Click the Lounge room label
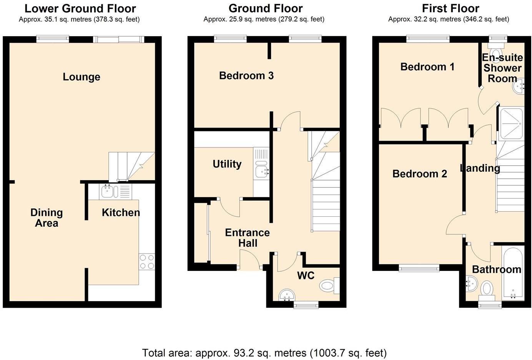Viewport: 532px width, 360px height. coord(81,77)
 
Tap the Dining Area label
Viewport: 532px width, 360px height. coord(47,218)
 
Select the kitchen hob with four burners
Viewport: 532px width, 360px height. coord(147,262)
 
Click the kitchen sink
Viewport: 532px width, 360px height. coord(106,191)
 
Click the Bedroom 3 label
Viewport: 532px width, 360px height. coord(246,76)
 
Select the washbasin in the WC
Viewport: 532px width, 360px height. coord(286,295)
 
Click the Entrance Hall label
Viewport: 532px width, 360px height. coord(247,238)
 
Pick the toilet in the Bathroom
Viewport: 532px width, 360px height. coord(487,289)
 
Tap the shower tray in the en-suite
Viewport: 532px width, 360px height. coord(511,124)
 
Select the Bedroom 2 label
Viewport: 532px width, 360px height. coord(419,174)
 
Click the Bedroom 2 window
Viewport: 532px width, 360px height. coord(419,268)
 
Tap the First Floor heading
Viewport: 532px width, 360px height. coord(450,8)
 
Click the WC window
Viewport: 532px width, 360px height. coord(306,305)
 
